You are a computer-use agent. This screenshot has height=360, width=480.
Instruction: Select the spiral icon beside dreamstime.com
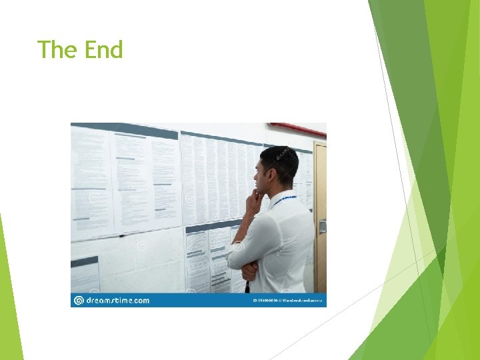pyautogui.click(x=79, y=301)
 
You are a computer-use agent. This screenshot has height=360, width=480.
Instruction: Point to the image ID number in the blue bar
pyautogui.click(x=263, y=301)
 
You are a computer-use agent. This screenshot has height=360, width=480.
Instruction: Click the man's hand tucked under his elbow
pyautogui.click(x=249, y=270)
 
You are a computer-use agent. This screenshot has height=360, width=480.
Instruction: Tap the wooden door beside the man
pyautogui.click(x=321, y=200)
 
